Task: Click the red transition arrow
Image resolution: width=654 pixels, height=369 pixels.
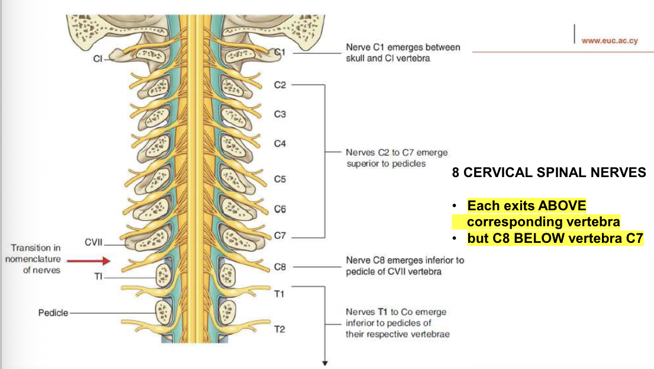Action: pyautogui.click(x=89, y=260)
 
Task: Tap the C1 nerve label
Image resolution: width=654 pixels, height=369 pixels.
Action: pyautogui.click(x=281, y=53)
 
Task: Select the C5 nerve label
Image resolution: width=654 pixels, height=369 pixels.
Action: pyautogui.click(x=281, y=179)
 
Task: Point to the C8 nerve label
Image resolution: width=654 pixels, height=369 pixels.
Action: pyautogui.click(x=281, y=267)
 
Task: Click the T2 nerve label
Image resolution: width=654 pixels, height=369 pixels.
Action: pyautogui.click(x=280, y=329)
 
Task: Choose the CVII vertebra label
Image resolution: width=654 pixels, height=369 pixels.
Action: pyautogui.click(x=93, y=242)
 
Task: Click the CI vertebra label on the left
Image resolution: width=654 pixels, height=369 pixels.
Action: pyautogui.click(x=98, y=59)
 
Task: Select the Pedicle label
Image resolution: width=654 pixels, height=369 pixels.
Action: pyautogui.click(x=53, y=313)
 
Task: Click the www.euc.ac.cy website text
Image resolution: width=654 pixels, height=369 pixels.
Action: pyautogui.click(x=609, y=41)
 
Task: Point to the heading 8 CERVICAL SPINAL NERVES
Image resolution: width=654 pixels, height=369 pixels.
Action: pyautogui.click(x=549, y=173)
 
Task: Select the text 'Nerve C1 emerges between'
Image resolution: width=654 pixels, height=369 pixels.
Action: pyautogui.click(x=402, y=47)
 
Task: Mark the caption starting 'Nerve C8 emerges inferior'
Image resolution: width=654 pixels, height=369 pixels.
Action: pyautogui.click(x=405, y=261)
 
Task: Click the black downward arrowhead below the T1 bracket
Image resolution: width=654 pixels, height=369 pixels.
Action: pyautogui.click(x=325, y=363)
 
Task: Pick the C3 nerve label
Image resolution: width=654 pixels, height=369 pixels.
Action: pyautogui.click(x=280, y=114)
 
